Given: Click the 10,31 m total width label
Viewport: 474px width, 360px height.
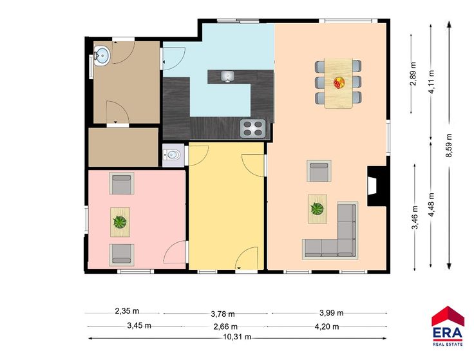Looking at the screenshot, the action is (x=237, y=337).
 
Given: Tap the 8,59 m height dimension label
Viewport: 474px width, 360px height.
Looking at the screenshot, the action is (x=449, y=146).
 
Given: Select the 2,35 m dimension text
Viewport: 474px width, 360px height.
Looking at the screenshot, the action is (x=127, y=310).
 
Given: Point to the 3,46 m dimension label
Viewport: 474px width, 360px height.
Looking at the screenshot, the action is (x=415, y=217).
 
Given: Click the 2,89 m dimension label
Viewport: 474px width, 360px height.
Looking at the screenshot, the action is (x=413, y=74).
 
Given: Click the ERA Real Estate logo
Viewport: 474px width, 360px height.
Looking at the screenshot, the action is (x=448, y=326).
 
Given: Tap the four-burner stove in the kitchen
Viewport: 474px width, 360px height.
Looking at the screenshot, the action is (x=253, y=128).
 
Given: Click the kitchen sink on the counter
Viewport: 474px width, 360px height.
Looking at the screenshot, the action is (x=227, y=76).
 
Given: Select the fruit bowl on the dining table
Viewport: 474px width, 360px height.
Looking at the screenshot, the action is (x=339, y=82).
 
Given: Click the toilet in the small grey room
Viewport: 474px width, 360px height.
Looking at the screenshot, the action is (x=173, y=155).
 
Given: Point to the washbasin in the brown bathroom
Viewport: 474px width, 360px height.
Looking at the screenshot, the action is (x=102, y=55).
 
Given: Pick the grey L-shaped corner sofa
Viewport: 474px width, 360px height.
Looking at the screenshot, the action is (x=330, y=231).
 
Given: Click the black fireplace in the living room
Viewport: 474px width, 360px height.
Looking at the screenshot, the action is (x=377, y=186).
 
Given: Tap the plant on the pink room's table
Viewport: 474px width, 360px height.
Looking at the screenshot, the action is (x=120, y=222).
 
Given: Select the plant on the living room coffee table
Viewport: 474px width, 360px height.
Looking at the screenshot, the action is (x=318, y=209).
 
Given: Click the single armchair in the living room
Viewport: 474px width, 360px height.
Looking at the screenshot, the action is (x=319, y=171).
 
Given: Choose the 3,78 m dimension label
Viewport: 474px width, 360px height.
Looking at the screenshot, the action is (x=223, y=314).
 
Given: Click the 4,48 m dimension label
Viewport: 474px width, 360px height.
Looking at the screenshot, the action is (x=431, y=205).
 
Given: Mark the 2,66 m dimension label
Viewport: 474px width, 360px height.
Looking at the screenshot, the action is (x=225, y=327).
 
